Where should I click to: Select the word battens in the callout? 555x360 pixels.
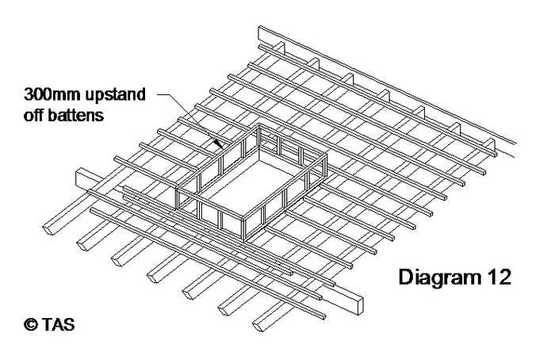pos(76,115)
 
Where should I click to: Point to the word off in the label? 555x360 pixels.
pos(34,115)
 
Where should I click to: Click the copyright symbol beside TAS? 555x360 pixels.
pos(30,324)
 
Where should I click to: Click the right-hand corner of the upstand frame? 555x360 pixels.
pos(325,159)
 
